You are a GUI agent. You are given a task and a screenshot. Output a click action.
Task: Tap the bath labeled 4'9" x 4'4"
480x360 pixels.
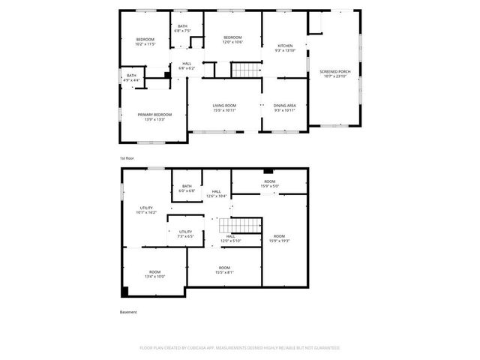[131, 77]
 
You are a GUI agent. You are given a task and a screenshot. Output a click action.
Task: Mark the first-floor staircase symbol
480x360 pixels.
[243, 70]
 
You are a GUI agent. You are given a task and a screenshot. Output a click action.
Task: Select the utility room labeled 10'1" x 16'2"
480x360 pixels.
[146, 210]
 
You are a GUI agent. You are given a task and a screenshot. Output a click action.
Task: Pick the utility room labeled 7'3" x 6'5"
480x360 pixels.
[185, 234]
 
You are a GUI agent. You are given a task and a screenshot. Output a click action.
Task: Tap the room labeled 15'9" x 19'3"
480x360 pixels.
[279, 238]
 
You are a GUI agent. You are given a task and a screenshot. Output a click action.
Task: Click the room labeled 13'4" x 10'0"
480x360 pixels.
[154, 274]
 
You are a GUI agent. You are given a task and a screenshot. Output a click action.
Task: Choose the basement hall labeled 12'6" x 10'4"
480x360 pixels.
[216, 194]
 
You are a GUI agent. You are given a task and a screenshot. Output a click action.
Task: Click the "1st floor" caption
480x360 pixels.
[127, 159]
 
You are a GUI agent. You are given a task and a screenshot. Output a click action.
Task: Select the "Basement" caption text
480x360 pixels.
[128, 312]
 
